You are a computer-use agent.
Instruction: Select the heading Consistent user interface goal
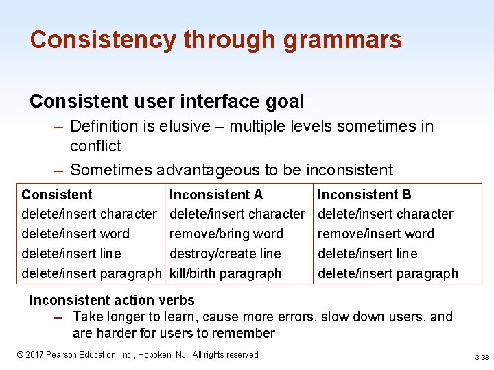167,101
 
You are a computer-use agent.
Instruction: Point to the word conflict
95,146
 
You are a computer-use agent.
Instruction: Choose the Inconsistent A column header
215,195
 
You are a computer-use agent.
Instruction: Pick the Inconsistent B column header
364,195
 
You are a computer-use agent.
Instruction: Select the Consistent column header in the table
56,195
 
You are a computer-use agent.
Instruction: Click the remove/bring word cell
226,234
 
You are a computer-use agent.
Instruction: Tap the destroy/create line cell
225,254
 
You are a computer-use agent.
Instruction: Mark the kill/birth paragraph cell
225,273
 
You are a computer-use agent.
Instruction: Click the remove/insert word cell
375,234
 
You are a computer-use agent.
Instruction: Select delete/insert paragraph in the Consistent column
91,273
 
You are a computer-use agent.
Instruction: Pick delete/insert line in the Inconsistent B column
367,254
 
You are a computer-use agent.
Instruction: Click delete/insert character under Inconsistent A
237,214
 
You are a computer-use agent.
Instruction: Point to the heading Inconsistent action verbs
112,300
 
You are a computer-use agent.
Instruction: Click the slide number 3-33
481,358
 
